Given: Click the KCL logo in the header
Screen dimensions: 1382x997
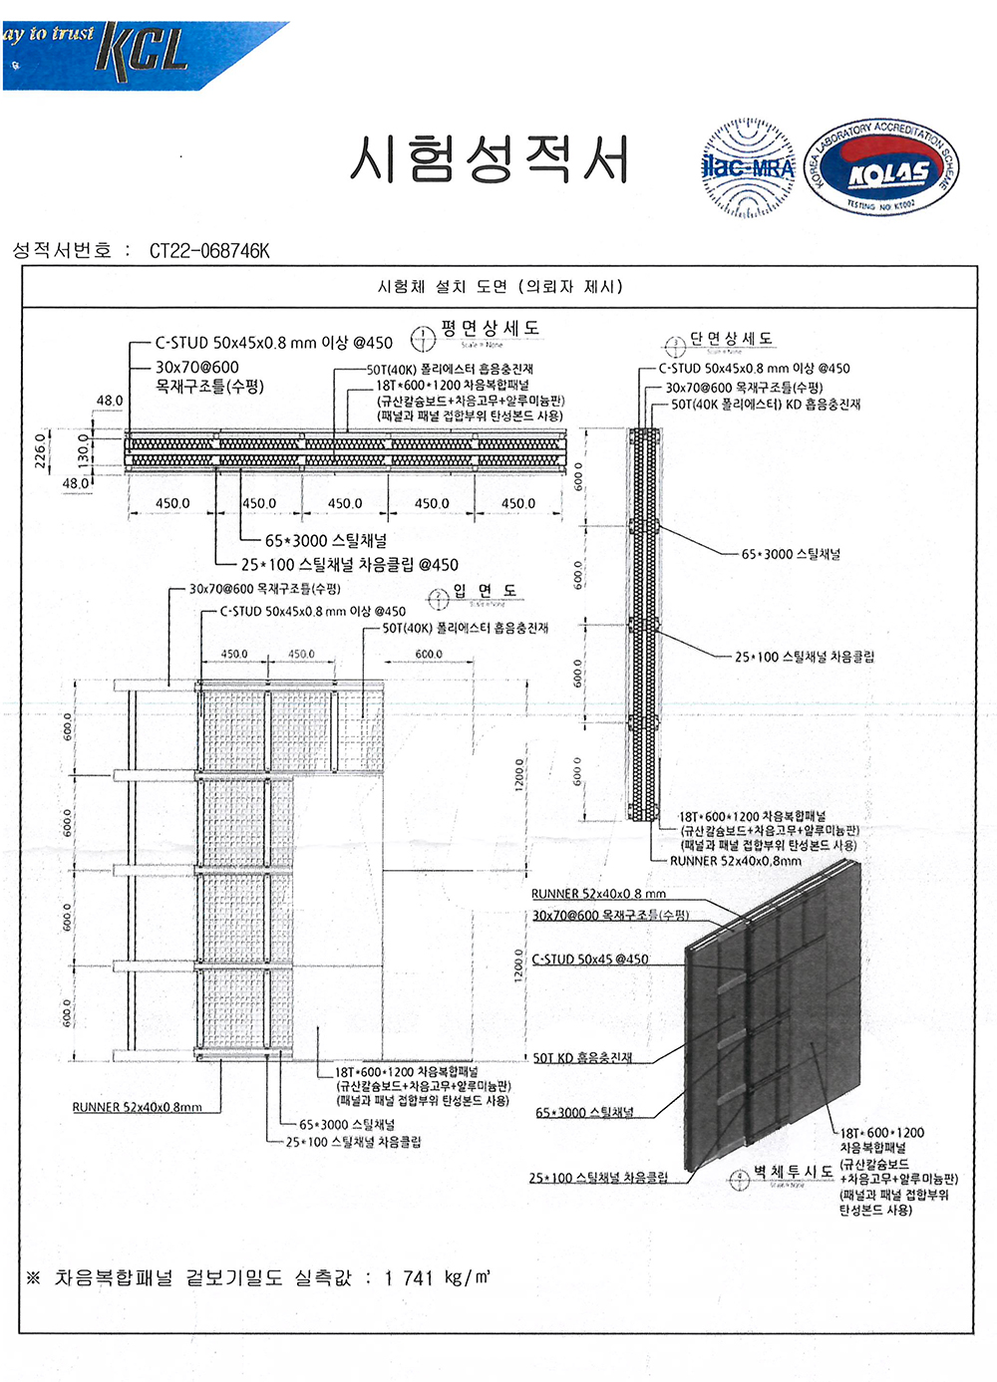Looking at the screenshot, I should [x=143, y=50].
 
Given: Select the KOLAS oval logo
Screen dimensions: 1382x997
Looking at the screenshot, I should [x=881, y=168].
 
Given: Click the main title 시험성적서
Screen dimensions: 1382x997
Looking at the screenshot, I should [x=489, y=159].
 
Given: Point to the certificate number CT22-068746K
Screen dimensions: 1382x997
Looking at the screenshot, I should [x=209, y=251].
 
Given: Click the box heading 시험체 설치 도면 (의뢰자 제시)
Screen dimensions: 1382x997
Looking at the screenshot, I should [x=499, y=287].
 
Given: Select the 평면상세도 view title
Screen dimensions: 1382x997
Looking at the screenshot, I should [x=490, y=328].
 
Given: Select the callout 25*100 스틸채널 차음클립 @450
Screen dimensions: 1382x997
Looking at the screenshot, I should [x=349, y=565].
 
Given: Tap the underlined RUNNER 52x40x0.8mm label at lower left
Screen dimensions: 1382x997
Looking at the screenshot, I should [x=137, y=1107].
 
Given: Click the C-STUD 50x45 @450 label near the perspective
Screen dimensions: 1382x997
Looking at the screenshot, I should [x=589, y=960].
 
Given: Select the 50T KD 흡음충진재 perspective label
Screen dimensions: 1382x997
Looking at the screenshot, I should [x=582, y=1057].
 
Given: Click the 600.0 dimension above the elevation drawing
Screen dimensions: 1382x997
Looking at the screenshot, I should [x=429, y=655].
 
